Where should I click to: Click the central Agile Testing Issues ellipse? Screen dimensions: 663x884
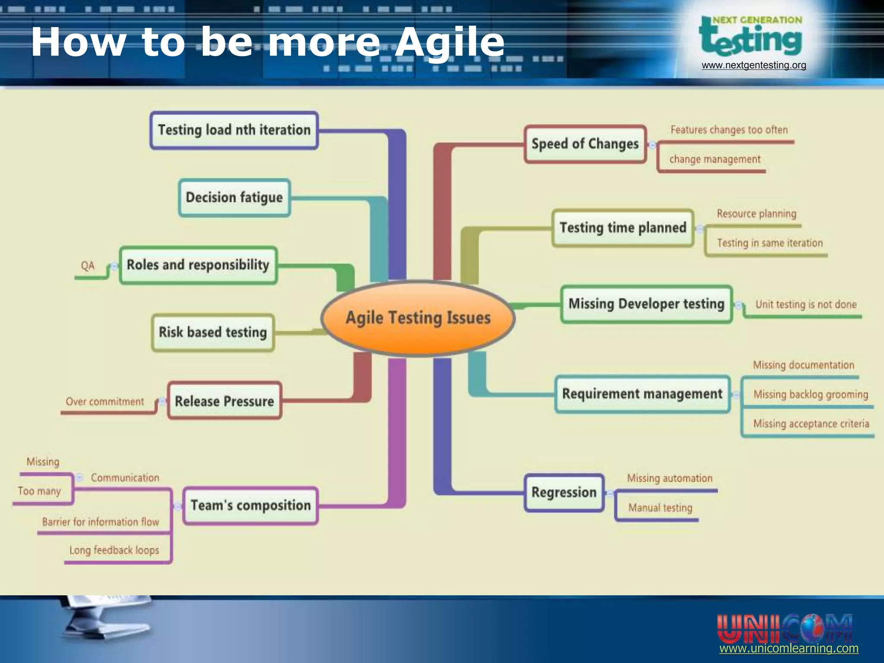pos(418,318)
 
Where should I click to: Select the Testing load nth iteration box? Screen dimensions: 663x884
pos(234,130)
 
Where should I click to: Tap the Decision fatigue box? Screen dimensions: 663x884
pos(234,198)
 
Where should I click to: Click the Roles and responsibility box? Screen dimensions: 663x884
pos(198,265)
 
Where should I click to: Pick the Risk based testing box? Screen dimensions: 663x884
pos(213,332)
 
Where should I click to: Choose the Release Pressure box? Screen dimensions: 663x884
pos(224,401)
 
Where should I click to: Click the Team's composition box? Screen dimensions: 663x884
pos(250,505)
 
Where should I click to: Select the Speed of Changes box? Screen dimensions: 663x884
pos(585,144)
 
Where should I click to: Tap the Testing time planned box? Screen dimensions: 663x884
pos(622,228)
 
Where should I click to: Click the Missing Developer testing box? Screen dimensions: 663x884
pos(646,304)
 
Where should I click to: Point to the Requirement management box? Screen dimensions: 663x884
pos(642,394)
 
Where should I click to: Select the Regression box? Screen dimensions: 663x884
pos(564,493)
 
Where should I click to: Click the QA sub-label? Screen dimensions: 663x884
pos(88,265)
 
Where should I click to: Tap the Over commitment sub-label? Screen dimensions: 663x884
pos(104,402)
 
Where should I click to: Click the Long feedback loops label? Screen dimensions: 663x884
pos(114,550)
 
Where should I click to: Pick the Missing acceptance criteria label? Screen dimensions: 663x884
pos(811,424)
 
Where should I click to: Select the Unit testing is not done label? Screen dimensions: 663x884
pos(805,305)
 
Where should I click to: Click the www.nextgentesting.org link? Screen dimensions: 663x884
pos(754,66)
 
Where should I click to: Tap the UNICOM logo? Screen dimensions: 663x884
pos(784,628)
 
